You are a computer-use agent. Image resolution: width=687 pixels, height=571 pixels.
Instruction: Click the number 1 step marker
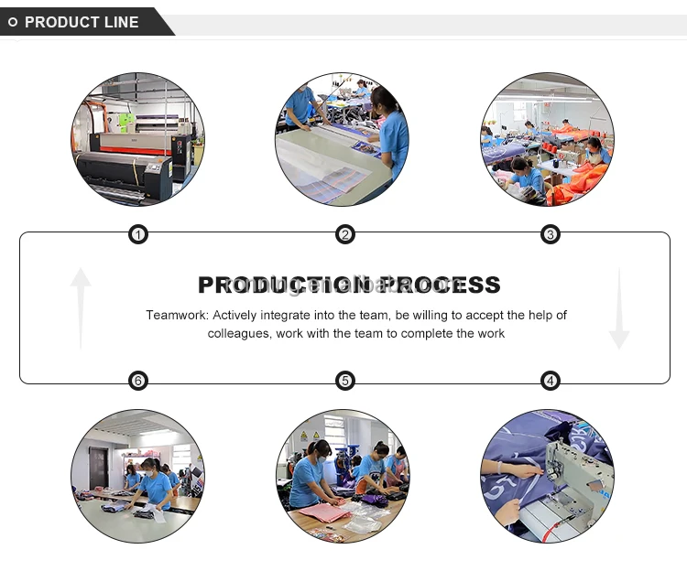(x=137, y=235)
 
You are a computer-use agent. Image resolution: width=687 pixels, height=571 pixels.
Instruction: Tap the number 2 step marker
(x=345, y=235)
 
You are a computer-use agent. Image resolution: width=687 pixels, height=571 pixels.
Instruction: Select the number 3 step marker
(x=551, y=235)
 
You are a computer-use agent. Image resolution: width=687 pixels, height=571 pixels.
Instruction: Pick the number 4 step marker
(x=551, y=381)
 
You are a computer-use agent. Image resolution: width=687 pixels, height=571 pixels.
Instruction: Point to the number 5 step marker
(x=345, y=381)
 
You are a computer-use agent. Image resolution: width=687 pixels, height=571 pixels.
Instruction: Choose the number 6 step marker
(x=137, y=381)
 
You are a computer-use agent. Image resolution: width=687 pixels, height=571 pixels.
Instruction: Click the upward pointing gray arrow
(x=81, y=307)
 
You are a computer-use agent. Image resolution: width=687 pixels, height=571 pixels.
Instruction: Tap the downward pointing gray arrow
(x=619, y=308)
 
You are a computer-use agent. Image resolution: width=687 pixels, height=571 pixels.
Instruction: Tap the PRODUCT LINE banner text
(x=82, y=22)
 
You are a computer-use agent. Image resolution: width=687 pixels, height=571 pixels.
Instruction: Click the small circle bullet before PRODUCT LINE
(x=13, y=22)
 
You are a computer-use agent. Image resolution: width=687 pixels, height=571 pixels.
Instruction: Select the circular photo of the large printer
(x=138, y=139)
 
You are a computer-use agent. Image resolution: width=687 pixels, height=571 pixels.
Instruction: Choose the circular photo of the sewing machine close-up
(x=548, y=476)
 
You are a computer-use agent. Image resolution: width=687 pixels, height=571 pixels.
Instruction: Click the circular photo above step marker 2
(x=343, y=139)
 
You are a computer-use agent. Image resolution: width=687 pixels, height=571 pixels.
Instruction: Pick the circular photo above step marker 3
(x=548, y=139)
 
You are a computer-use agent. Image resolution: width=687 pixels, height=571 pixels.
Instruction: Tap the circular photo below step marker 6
(x=138, y=476)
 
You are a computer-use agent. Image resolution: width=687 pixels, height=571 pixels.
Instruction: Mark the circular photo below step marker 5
(x=343, y=476)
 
